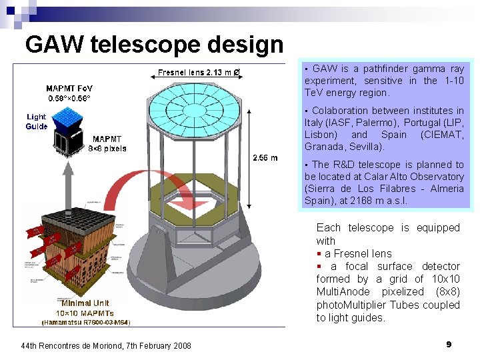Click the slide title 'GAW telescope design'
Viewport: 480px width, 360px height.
coord(154,45)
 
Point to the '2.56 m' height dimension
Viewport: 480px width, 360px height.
coord(265,157)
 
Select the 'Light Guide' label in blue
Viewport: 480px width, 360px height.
coord(36,121)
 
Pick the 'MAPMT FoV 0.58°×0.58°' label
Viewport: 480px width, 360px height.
coord(69,93)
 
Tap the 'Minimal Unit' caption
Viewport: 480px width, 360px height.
coord(85,303)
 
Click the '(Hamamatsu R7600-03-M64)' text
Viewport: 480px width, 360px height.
coord(86,322)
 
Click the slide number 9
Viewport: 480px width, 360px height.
coord(449,344)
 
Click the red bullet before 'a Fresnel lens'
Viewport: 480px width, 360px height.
coord(319,253)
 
